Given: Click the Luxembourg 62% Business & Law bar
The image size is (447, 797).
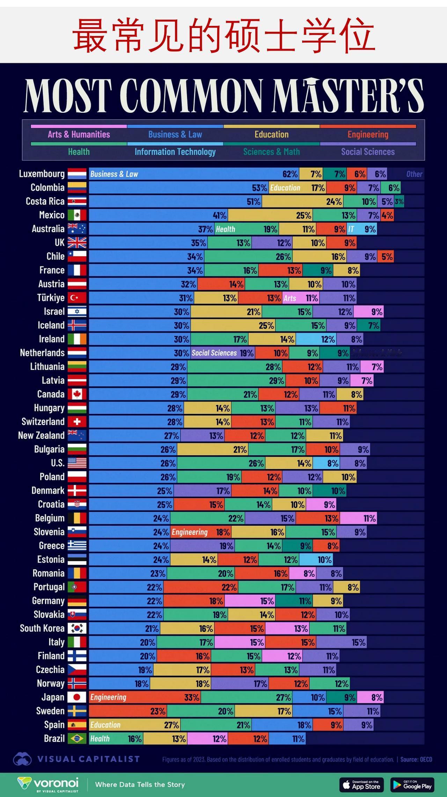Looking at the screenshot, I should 194,174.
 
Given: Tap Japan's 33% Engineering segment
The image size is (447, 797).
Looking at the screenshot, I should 145,697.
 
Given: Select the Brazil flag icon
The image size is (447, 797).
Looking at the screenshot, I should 77,739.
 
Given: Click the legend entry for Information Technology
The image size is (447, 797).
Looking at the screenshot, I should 175,152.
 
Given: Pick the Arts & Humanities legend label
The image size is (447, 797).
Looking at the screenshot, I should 79,134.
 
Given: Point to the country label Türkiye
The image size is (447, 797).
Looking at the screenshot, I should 51,298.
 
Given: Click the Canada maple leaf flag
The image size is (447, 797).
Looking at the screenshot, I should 77,394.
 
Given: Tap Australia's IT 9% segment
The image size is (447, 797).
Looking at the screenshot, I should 362,229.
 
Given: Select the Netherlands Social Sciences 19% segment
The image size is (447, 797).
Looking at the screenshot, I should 223,353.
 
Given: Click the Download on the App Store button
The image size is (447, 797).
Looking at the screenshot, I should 361,785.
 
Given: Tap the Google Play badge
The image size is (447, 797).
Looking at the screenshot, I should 412,785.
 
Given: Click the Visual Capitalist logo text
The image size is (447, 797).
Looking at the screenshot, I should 89,759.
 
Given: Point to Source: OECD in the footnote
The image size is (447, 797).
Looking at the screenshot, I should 416,759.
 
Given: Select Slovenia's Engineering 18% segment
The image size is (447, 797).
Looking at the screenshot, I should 201,532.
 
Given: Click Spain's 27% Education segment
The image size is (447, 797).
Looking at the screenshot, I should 135,725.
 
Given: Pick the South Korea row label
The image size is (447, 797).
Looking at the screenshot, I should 42,629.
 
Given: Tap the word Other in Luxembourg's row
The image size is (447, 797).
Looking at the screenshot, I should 414,174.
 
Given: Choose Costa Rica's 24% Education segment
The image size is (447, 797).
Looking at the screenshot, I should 302,202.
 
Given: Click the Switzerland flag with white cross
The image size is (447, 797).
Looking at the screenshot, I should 77,422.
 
